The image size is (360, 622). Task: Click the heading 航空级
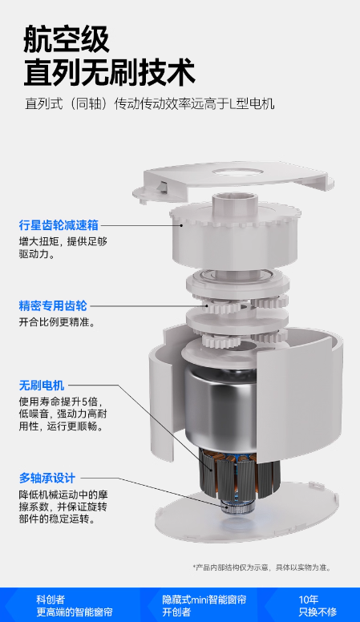pyautogui.click(x=67, y=39)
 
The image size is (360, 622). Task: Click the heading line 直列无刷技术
pyautogui.click(x=109, y=73)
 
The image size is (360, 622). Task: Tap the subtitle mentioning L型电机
pyautogui.click(x=150, y=103)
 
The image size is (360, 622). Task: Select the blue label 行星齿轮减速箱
pyautogui.click(x=59, y=225)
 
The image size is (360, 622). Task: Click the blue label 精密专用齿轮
pyautogui.click(x=53, y=306)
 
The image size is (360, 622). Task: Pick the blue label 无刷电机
pyautogui.click(x=42, y=386)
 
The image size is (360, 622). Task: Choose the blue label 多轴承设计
pyautogui.click(x=47, y=478)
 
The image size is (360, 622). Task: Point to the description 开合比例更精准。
pyautogui.click(x=58, y=321)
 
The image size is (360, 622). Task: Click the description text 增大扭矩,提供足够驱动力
pyautogui.click(x=63, y=248)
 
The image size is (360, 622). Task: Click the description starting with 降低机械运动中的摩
pyautogui.click(x=63, y=507)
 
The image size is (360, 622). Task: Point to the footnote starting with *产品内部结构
pyautogui.click(x=261, y=567)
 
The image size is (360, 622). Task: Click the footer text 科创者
pyautogui.click(x=51, y=599)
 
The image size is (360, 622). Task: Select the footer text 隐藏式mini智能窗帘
pyautogui.click(x=204, y=599)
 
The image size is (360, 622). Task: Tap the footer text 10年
pyautogui.click(x=309, y=599)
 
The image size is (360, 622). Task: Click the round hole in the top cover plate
pyautogui.click(x=237, y=172)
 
